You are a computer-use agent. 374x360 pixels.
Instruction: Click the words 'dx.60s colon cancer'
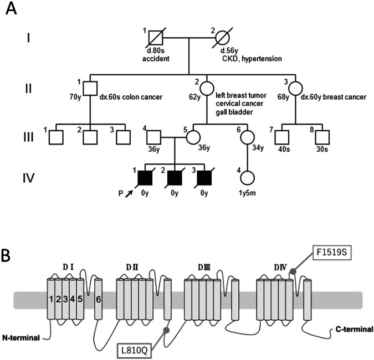tap(132, 98)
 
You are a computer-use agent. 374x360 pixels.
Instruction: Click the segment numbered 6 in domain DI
tap(99, 300)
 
